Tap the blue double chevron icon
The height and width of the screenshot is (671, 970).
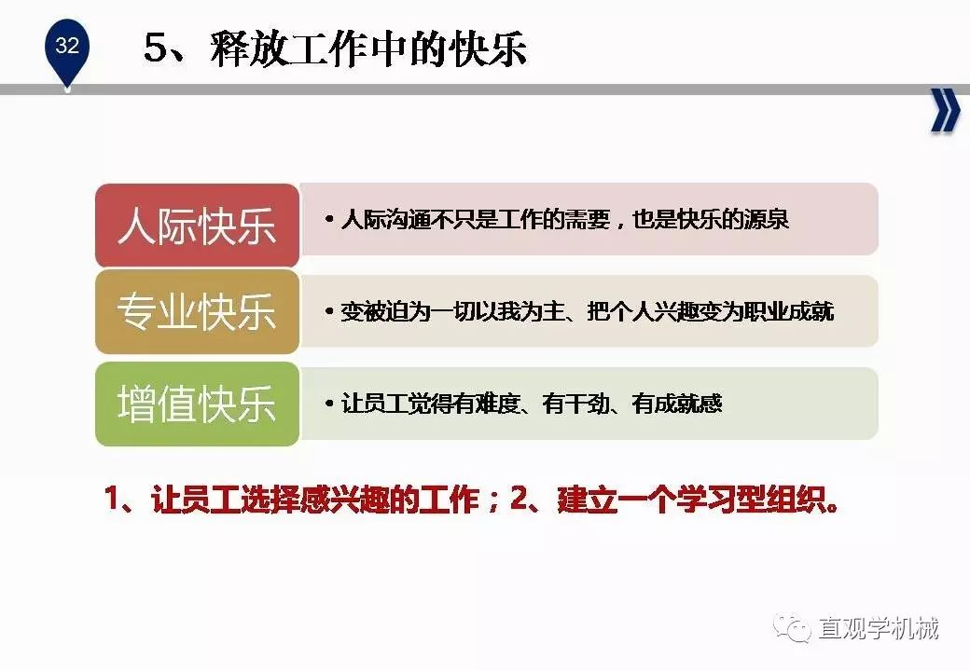[x=945, y=111]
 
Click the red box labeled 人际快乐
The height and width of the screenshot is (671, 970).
[x=198, y=226]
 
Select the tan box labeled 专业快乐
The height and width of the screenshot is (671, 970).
[x=198, y=311]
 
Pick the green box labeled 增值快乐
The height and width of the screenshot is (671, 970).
[x=198, y=404]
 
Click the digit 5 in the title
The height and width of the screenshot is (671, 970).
[x=156, y=48]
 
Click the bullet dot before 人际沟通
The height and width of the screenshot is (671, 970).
[x=330, y=219]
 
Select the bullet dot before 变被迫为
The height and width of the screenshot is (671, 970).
[x=330, y=311]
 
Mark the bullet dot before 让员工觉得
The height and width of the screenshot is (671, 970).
[x=330, y=404]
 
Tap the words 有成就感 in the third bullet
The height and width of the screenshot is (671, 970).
[x=677, y=404]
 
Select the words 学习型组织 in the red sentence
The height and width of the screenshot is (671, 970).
[x=752, y=500]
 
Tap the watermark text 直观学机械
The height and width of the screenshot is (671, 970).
[x=879, y=628]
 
